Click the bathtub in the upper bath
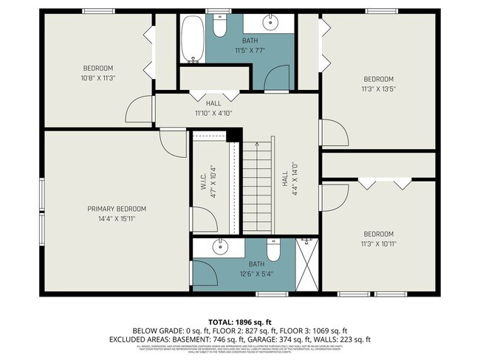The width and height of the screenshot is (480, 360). (194, 40)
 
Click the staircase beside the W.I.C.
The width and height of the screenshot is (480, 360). (258, 188)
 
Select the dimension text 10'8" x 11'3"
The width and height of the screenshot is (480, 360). (98, 77)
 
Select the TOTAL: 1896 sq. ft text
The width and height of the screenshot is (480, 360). (240, 322)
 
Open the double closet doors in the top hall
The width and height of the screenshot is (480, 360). (214, 96)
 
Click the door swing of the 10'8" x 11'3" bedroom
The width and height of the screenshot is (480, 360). (140, 111)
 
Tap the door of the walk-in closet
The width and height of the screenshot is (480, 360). (205, 221)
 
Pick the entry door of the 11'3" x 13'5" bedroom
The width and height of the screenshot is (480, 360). (332, 134)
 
